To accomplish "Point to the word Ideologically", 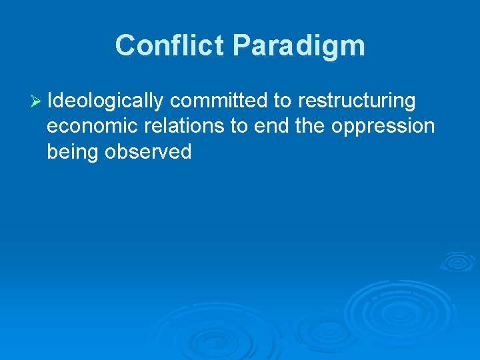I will click(x=106, y=101).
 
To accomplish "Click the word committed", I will click(x=218, y=101).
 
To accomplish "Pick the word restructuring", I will click(x=357, y=101).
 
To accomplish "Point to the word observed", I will click(x=148, y=152).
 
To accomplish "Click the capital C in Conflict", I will click(x=124, y=46).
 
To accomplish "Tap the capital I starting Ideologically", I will click(x=51, y=101).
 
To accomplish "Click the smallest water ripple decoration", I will click(x=457, y=261).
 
